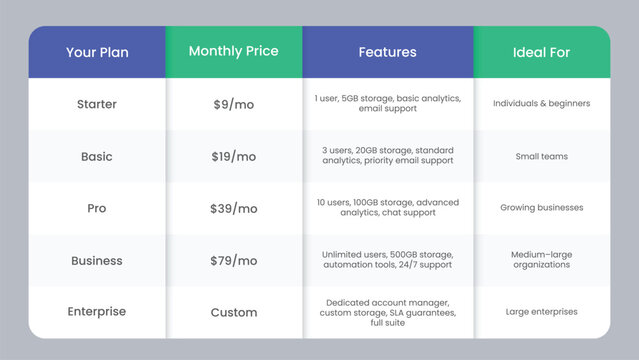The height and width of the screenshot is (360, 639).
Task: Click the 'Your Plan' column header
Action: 97,53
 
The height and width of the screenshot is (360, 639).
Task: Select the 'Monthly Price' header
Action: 233,51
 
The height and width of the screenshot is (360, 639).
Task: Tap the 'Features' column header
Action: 387,52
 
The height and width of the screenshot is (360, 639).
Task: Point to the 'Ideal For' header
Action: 541,52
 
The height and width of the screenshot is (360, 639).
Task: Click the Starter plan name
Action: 97,104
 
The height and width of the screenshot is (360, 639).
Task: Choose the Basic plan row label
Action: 97,156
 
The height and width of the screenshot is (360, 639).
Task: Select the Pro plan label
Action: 97,208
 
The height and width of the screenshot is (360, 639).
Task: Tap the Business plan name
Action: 97,260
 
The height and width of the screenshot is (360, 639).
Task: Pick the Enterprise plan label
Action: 97,312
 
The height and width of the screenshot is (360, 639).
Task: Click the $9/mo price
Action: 234,104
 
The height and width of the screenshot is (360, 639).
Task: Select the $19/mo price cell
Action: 234,156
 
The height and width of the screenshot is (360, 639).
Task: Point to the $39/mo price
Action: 234,208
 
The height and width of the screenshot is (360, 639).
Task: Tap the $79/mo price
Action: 234,260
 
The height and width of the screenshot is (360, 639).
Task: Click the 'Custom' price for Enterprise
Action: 234,312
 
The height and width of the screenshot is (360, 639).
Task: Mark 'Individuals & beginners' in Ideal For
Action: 541,104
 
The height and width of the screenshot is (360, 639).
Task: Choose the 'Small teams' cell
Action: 541,156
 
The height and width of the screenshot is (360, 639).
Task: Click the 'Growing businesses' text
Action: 541,208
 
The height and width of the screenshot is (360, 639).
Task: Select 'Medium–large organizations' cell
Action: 541,260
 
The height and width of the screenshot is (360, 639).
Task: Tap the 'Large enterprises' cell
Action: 541,312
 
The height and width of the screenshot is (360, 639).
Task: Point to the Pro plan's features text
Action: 387,207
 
